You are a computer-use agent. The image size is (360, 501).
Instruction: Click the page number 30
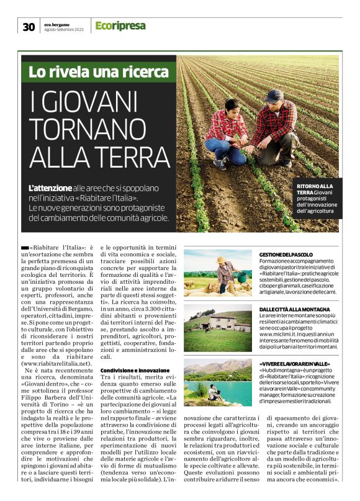[29, 26]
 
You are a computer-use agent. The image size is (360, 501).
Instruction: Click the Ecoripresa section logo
[120, 25]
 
